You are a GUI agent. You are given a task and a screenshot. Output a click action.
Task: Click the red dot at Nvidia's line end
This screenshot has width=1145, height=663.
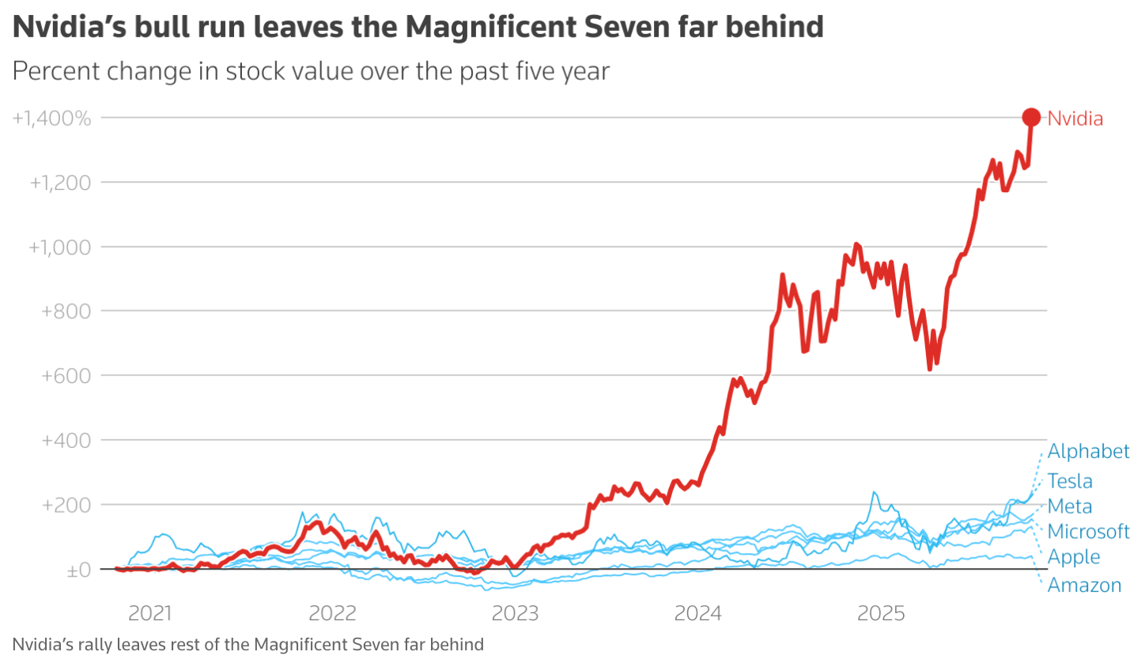(x=1031, y=118)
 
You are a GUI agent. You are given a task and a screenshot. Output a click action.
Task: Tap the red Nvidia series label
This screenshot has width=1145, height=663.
(x=1075, y=119)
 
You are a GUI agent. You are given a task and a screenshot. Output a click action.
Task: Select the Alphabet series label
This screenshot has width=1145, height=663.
(x=1088, y=452)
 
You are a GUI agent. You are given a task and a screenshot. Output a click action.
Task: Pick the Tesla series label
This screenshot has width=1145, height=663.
(x=1070, y=481)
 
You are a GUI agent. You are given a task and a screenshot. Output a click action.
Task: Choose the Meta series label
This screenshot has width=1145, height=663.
(x=1070, y=506)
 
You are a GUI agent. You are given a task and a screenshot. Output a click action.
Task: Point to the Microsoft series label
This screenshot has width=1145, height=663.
(x=1088, y=532)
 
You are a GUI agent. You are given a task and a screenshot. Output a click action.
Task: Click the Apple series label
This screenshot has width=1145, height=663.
(x=1073, y=557)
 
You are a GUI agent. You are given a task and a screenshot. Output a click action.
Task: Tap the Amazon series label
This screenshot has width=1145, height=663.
(x=1084, y=585)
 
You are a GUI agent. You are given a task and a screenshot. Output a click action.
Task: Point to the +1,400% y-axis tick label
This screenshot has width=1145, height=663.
(x=52, y=119)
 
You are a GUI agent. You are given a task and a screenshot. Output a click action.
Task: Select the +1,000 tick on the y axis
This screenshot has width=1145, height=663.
(x=60, y=247)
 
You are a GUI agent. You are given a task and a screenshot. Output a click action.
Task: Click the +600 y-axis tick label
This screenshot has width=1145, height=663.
(x=66, y=376)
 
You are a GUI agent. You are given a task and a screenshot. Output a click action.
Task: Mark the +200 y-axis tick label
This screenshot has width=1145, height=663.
(x=66, y=505)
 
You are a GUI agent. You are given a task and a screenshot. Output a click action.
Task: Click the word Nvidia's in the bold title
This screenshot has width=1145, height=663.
(x=62, y=28)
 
